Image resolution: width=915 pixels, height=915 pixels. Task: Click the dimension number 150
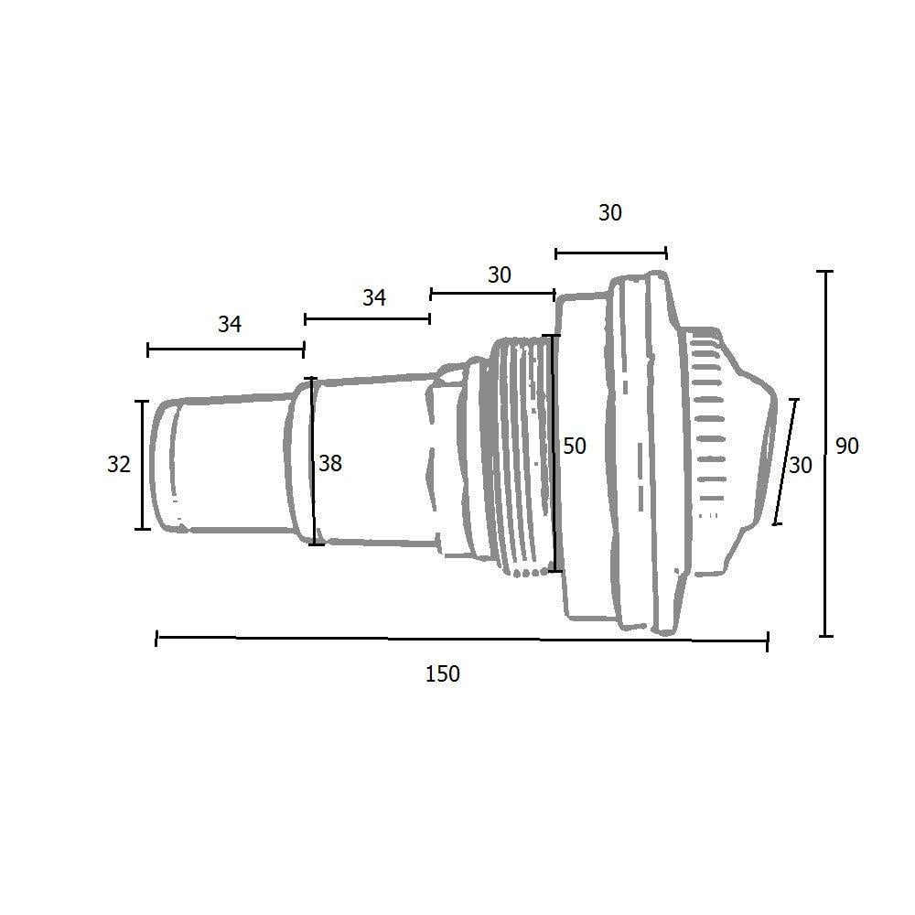442,674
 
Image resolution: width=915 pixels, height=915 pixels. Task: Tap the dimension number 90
847,447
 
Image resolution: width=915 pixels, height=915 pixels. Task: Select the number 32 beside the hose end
119,465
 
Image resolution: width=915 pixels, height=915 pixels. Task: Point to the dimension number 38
330,464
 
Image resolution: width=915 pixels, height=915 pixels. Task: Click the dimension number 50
575,447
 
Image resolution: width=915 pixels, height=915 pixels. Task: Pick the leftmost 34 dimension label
229,324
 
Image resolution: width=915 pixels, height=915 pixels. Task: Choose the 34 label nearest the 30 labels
373,297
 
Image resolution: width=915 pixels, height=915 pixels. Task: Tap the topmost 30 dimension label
609,213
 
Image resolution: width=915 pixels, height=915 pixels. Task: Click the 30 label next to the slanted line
801,466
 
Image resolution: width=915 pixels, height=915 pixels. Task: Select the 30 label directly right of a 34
499,274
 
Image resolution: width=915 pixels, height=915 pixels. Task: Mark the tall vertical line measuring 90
827,453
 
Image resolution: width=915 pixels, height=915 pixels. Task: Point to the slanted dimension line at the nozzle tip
785,462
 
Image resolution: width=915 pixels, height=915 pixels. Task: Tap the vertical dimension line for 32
142,465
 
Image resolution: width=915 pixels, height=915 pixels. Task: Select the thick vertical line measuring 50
554,453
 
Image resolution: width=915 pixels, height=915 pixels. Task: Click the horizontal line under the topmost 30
610,253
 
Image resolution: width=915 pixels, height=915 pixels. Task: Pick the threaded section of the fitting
517,457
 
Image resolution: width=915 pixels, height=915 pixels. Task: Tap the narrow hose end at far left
220,465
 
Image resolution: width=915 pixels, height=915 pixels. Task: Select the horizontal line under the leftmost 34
225,349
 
